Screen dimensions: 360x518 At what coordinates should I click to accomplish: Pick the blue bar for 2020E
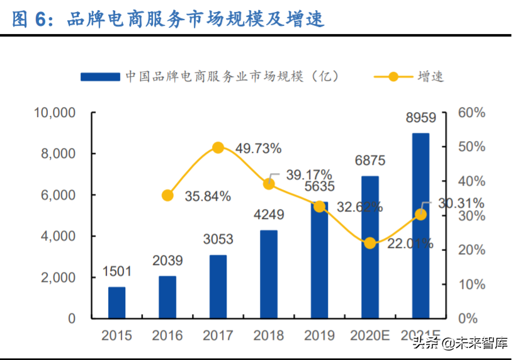tap(370, 247)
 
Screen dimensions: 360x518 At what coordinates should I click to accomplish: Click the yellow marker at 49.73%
tap(218, 147)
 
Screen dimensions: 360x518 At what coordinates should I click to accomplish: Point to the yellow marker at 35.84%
tap(167, 195)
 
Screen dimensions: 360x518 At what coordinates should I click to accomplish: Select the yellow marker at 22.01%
tap(370, 243)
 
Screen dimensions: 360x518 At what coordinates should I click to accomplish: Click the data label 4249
tap(269, 215)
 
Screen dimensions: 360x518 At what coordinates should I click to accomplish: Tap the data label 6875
tap(370, 160)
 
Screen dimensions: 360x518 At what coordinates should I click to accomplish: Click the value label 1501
tap(117, 271)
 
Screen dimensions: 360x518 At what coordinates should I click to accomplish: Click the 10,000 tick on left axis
tap(54, 113)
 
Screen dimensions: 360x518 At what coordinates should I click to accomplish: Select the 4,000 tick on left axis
tap(57, 236)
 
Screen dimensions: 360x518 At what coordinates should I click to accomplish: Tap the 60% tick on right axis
tap(471, 113)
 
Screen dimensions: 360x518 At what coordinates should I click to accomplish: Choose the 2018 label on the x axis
tap(269, 335)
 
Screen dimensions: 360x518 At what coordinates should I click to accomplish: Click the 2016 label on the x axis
tap(167, 335)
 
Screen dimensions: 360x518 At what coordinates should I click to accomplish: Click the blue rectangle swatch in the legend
tap(100, 76)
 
